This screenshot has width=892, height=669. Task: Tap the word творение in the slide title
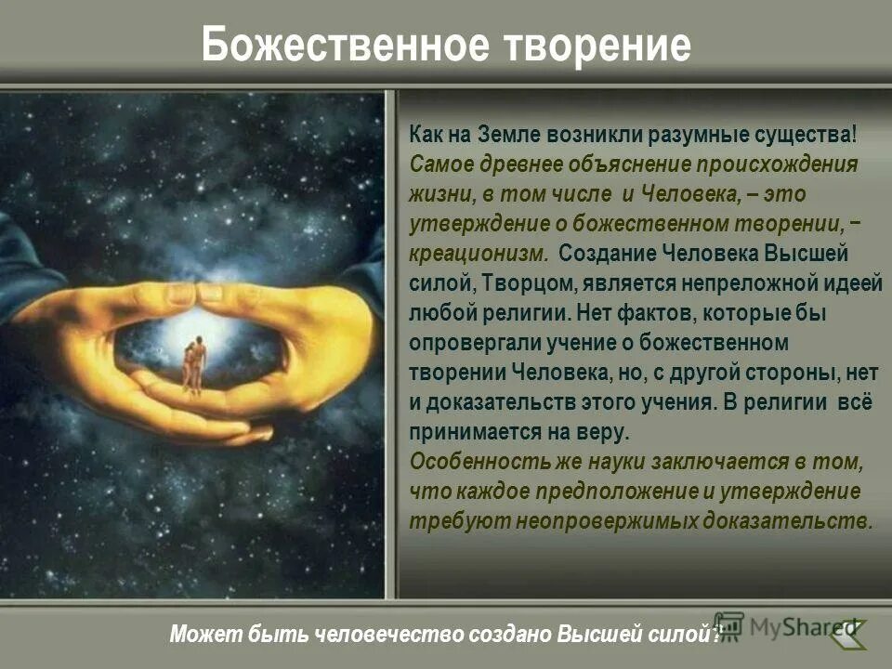tap(596, 45)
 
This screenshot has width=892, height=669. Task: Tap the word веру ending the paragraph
tap(604, 432)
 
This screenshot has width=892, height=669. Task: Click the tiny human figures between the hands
tap(193, 364)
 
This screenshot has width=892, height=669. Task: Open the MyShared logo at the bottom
tap(790, 627)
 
